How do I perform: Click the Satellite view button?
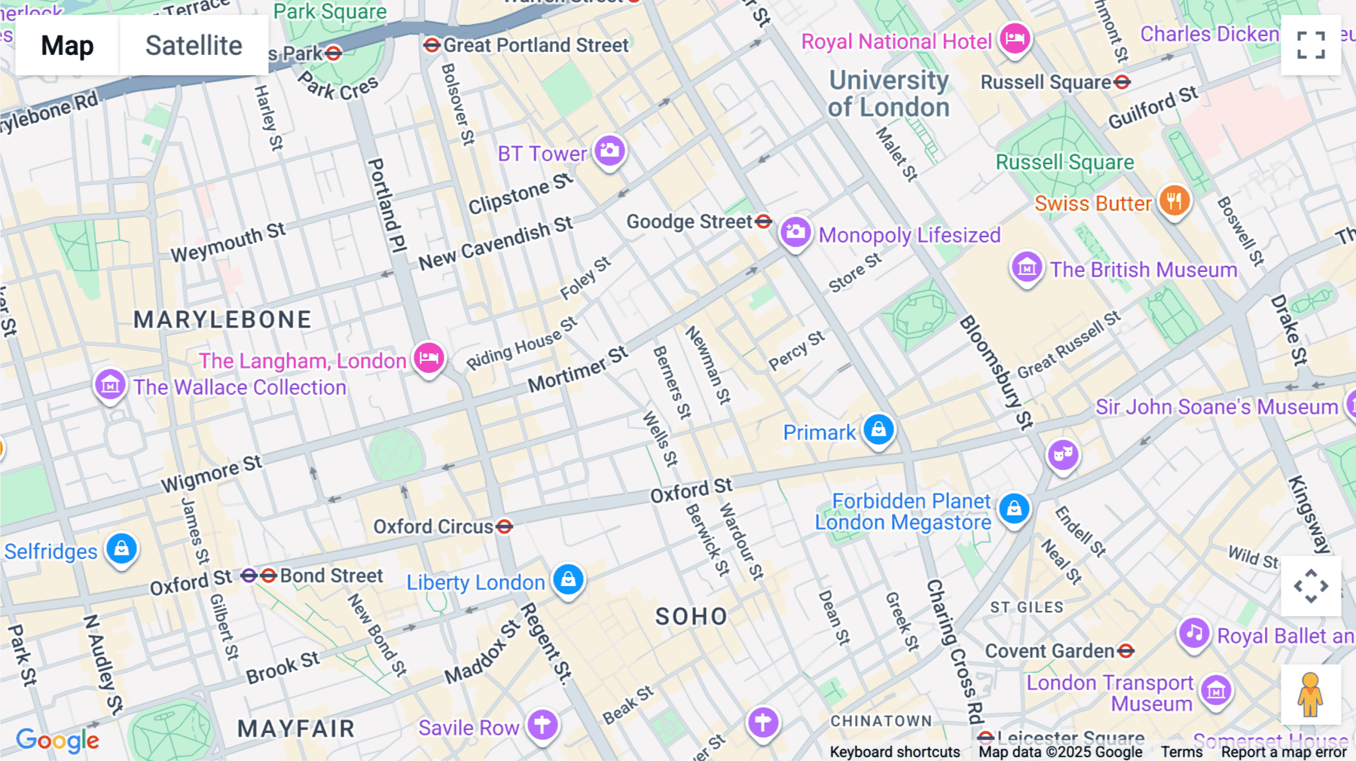[194, 45]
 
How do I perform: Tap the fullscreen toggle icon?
[1311, 45]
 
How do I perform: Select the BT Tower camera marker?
[609, 151]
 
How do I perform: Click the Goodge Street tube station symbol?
[763, 221]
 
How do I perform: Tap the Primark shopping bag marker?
[878, 429]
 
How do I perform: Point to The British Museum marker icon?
[1027, 267]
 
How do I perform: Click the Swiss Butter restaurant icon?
[1174, 200]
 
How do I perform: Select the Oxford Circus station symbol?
[505, 527]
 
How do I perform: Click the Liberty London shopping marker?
[569, 579]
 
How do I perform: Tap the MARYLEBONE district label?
[222, 319]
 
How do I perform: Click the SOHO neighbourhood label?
[692, 616]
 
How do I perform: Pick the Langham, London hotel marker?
[429, 357]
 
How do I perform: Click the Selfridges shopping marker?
[121, 549]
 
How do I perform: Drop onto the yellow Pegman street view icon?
[1310, 694]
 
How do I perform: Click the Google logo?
[57, 740]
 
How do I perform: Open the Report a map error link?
[1284, 752]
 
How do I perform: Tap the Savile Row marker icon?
[542, 724]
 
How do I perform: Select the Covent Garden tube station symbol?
[1125, 650]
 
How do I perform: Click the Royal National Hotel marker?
[1015, 38]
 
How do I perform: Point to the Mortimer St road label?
[578, 370]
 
